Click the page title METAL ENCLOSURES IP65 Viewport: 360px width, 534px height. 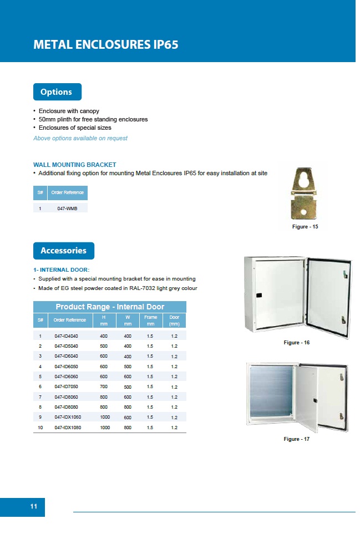tap(106, 45)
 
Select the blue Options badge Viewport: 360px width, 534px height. tap(57, 92)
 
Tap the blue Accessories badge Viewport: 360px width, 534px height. tap(63, 251)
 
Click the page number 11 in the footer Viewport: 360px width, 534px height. tap(33, 507)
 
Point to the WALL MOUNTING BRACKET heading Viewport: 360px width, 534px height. tap(75, 165)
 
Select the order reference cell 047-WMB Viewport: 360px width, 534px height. tap(67, 208)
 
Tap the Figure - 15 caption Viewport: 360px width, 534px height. tap(305, 227)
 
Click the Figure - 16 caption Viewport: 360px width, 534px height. tap(296, 343)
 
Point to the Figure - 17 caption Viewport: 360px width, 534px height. tap(296, 439)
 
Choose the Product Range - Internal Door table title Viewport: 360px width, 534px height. tap(110, 307)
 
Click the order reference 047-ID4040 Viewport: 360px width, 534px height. tap(66, 336)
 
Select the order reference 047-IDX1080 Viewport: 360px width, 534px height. tap(67, 428)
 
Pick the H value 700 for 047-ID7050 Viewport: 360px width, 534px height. tap(104, 387)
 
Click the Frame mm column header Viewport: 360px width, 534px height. tap(150, 320)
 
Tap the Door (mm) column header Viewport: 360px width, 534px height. tap(174, 320)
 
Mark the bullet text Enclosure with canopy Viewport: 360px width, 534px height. tap(69, 111)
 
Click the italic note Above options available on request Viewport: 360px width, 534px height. tap(80, 138)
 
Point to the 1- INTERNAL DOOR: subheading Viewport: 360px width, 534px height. tap(62, 269)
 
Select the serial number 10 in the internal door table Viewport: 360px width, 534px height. tap(40, 428)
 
